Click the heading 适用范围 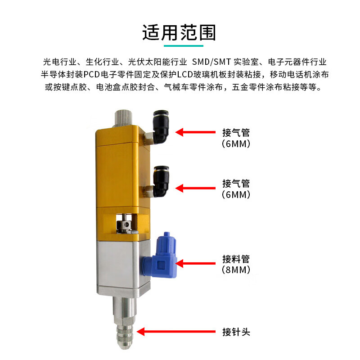[180, 33]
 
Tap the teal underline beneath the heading [180, 45]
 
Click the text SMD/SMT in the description [213, 62]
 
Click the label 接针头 [236, 332]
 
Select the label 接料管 [236, 259]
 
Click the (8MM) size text [236, 270]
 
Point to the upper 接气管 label [236, 133]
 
